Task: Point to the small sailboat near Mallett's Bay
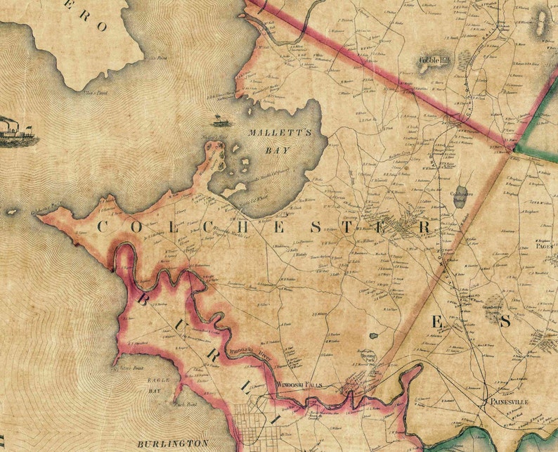point(219,120)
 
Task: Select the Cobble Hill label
point(434,61)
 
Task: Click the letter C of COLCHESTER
point(101,227)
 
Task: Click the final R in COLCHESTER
point(423,227)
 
